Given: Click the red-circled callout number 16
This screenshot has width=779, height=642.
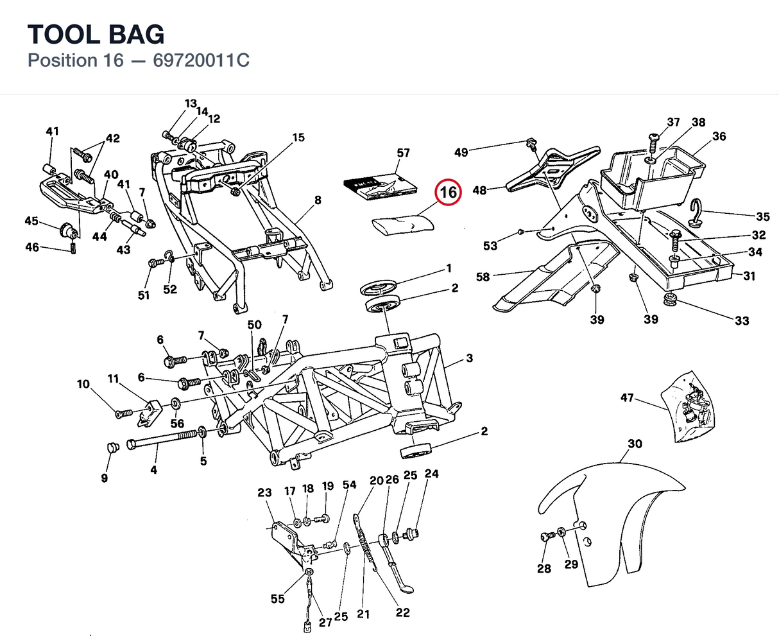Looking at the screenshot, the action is (x=448, y=192).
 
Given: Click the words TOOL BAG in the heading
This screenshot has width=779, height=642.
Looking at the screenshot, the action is (x=96, y=34).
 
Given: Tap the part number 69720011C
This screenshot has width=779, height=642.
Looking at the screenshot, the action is (x=201, y=60).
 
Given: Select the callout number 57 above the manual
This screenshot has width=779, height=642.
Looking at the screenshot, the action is (x=404, y=153).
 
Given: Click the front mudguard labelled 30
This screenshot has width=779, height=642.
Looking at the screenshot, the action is (x=612, y=523).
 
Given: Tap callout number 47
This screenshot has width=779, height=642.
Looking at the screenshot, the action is (x=627, y=397).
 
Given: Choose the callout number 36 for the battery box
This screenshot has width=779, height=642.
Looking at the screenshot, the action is (x=719, y=137).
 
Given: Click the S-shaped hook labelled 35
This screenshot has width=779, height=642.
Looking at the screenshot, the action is (x=698, y=213).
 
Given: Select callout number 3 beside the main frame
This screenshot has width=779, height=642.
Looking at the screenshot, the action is (x=469, y=358).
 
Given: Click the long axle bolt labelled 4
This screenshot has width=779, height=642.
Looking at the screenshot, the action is (x=164, y=439).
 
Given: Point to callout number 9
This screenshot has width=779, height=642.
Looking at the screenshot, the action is (x=105, y=478).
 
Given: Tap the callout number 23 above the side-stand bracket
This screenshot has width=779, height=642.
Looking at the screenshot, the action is (x=264, y=492).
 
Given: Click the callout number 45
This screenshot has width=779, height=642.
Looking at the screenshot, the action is (x=31, y=221).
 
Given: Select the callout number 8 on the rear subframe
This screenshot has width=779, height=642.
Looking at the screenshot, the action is (x=318, y=200).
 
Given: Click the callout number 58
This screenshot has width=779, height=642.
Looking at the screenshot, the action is (x=483, y=277).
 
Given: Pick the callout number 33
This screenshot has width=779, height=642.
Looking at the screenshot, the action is (x=742, y=320).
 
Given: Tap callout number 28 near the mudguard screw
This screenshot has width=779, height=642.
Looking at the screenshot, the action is (x=544, y=569).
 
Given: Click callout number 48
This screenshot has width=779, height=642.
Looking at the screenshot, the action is (x=479, y=191).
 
